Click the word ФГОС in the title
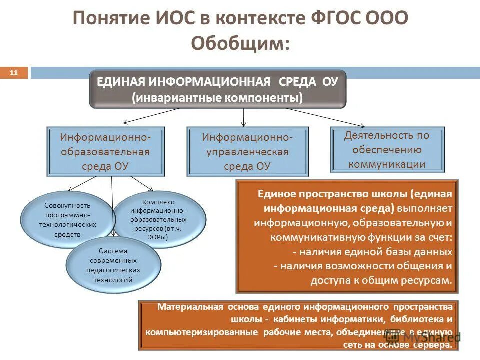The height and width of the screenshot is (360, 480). [333, 19]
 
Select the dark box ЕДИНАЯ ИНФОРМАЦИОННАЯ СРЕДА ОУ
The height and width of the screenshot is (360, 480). [217, 89]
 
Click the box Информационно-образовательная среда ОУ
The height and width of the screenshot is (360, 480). [105, 151]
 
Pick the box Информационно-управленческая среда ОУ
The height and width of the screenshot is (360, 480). [248, 151]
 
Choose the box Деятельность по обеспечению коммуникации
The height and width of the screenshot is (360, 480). [387, 149]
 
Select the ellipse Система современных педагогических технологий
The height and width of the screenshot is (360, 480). [113, 265]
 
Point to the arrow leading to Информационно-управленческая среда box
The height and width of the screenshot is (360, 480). [243, 117]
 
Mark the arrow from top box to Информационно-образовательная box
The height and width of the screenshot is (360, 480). [150, 116]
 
